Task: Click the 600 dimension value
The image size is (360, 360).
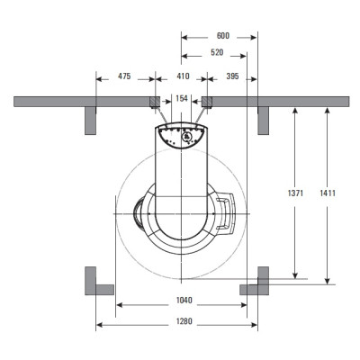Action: (223, 36)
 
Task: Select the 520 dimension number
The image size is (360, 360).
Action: (217, 53)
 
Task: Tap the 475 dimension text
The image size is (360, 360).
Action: (124, 76)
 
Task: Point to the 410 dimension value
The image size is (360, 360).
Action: (183, 76)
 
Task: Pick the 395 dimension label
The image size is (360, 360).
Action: (232, 76)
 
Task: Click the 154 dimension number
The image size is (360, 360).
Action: (182, 98)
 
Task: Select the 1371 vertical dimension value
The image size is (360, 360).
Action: (295, 193)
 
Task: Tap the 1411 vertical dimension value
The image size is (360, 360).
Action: (328, 193)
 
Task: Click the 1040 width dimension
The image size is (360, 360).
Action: (184, 301)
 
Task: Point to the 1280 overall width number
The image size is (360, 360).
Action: (184, 321)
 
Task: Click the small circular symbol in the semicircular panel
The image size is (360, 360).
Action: (187, 137)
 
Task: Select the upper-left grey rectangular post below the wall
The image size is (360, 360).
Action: (90, 121)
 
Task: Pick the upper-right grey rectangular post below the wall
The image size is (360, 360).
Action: (264, 121)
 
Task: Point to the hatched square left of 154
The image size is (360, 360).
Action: (155, 102)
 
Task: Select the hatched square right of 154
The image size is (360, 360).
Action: (207, 102)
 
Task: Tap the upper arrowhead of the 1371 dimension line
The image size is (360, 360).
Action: (295, 111)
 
